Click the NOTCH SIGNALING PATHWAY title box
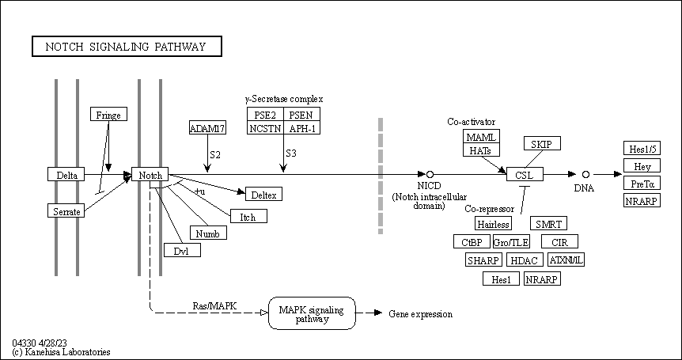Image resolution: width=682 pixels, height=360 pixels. (127, 47)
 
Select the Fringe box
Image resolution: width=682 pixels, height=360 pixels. (108, 115)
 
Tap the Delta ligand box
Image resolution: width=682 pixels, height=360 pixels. (66, 175)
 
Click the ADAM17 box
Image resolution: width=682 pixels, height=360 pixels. (207, 128)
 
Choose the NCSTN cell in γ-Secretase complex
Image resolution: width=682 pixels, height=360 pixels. (265, 128)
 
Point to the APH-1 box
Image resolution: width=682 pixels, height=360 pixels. (301, 128)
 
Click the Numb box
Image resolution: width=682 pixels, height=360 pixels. (208, 233)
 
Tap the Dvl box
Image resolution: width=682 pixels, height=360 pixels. (182, 251)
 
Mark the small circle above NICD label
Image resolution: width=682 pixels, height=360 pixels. (430, 174)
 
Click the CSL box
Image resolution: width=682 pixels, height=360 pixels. (525, 174)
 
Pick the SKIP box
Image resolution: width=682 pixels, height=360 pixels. (542, 143)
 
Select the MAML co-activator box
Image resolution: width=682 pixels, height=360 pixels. (482, 137)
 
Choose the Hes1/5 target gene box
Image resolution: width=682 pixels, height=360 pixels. (641, 149)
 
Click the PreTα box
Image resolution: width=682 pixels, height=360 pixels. (641, 184)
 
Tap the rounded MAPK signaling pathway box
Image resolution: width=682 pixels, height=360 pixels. (313, 314)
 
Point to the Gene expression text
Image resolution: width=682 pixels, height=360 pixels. (421, 315)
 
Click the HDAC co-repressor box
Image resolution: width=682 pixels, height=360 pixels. (524, 260)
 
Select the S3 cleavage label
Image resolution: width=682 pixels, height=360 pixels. (290, 153)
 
